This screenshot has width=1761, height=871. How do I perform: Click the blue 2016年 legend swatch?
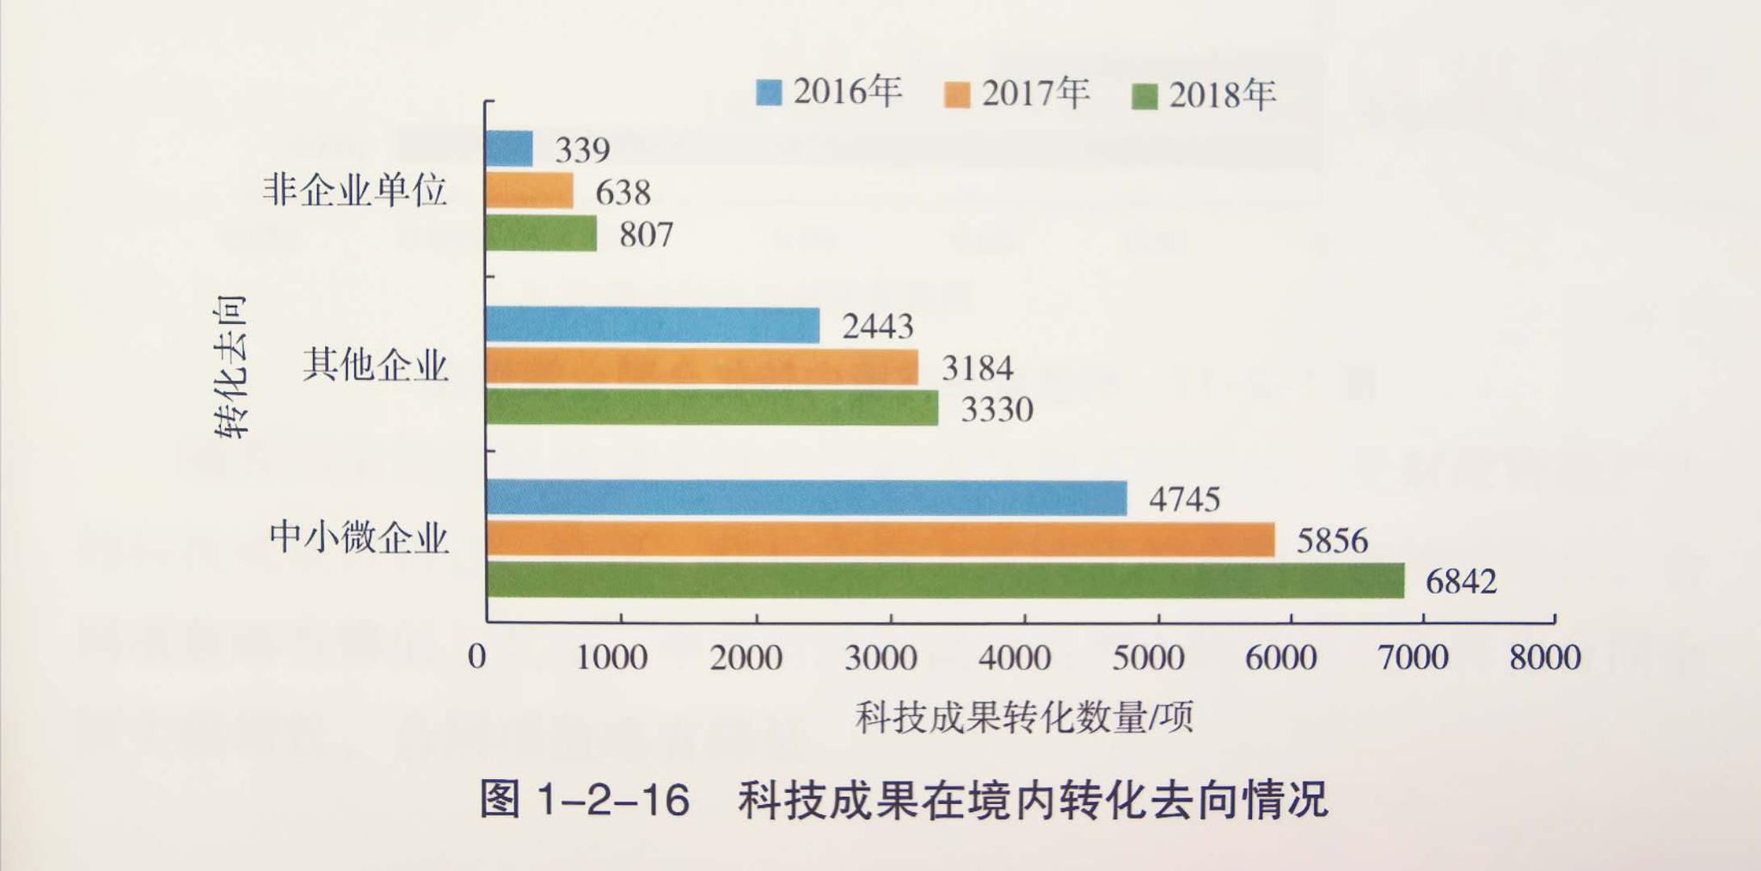pos(769,93)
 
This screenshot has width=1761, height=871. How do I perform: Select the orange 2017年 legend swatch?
pos(956,95)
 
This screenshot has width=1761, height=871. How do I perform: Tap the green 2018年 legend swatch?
pos(1144,96)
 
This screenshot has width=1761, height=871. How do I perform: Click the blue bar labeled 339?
pos(509,149)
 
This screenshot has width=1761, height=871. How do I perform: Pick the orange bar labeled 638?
pos(529,191)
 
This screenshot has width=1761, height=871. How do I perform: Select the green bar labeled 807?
pos(541,233)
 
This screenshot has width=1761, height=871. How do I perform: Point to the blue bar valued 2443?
pos(653,325)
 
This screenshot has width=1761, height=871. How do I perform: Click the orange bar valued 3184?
pos(702,367)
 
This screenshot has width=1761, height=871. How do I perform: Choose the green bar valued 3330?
pos(712,408)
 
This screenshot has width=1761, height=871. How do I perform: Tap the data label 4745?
pos(1184,500)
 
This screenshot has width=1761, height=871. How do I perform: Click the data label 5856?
pos(1331,541)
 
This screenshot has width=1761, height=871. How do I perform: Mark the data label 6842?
pos(1461,582)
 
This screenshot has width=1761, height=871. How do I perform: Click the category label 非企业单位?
pos(354,189)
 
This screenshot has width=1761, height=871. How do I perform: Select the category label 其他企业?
pos(375,365)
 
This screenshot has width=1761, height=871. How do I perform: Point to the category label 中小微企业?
pos(359,538)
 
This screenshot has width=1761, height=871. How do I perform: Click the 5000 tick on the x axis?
pos(1148,658)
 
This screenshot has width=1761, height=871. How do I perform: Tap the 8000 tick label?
pos(1545,658)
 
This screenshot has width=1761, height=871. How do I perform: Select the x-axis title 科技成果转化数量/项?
pos(1024,717)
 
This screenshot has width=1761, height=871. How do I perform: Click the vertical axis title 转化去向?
pos(230,366)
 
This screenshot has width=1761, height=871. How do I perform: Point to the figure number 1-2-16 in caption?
pos(612,800)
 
